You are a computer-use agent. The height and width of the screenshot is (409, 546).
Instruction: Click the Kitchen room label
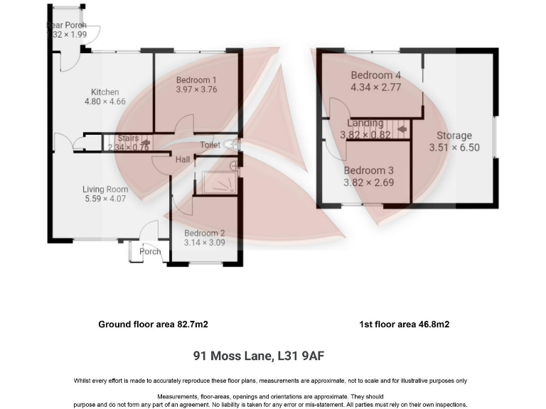(x=105, y=92)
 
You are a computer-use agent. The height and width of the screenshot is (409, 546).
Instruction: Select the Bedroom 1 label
(x=196, y=80)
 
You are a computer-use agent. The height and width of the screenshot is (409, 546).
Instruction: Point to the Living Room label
(x=105, y=189)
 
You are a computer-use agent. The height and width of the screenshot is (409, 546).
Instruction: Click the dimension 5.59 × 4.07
(x=105, y=200)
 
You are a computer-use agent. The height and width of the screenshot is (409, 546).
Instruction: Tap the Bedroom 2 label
(x=204, y=234)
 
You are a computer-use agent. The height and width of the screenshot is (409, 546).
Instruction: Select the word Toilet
(x=210, y=145)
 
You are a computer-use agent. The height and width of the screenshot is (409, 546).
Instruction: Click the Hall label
(x=183, y=160)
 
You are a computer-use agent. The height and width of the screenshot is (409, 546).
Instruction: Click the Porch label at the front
(x=150, y=251)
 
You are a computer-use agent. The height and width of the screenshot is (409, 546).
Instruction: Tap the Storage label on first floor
(x=454, y=136)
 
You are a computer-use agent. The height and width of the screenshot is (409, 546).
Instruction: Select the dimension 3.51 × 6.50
(x=454, y=148)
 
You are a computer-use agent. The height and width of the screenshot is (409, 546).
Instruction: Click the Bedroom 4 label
(x=376, y=75)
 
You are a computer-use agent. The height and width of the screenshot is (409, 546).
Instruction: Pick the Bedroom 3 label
(x=368, y=170)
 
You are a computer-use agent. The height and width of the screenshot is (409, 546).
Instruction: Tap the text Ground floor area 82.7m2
(x=153, y=324)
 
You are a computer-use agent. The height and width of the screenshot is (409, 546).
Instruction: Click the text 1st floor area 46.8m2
(x=405, y=324)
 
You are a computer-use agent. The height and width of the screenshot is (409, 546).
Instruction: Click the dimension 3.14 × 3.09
(x=204, y=244)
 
